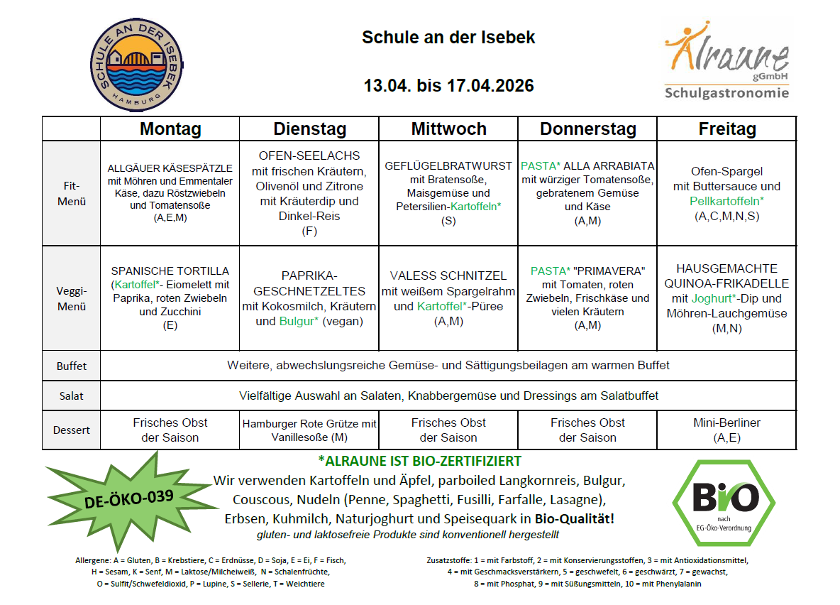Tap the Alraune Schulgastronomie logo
point(726,62)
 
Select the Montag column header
point(170,129)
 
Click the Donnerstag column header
point(588,129)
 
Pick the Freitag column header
point(727,129)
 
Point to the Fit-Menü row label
point(72,194)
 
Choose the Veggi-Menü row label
point(72,299)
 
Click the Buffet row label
point(72,366)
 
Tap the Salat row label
point(72,396)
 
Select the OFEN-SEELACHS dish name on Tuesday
point(309,156)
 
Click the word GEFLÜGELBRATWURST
point(448,165)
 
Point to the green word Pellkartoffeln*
point(727,201)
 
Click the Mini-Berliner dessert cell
point(727,430)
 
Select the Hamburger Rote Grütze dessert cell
point(309,430)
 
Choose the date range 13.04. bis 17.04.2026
point(449,86)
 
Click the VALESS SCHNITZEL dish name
point(448,276)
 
